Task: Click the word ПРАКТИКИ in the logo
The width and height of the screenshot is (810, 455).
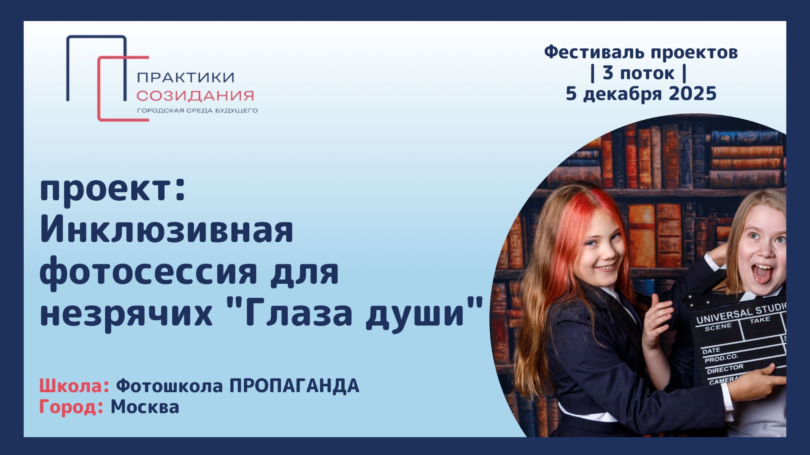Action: pyautogui.click(x=186, y=77)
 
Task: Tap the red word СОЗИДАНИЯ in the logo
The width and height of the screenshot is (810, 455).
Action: pyautogui.click(x=195, y=96)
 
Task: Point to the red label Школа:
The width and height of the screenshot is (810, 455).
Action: pyautogui.click(x=74, y=386)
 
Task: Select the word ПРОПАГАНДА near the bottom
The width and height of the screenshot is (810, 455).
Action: pyautogui.click(x=294, y=386)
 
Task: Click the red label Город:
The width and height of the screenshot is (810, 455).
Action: pyautogui.click(x=71, y=407)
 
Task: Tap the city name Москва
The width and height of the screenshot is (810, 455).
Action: pyautogui.click(x=145, y=407)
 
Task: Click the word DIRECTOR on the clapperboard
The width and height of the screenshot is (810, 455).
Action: pyautogui.click(x=725, y=369)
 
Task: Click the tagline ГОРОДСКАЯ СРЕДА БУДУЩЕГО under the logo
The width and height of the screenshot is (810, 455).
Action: pyautogui.click(x=197, y=111)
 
